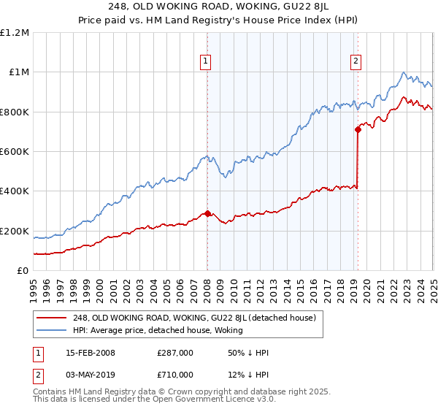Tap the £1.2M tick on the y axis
pos(15,33)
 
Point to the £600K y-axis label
pos(15,152)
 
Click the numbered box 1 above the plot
pos(207,62)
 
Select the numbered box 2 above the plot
pos(356,62)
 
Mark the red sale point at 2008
pos(207,213)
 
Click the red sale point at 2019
pos(358,130)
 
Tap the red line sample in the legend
pos(51,318)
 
